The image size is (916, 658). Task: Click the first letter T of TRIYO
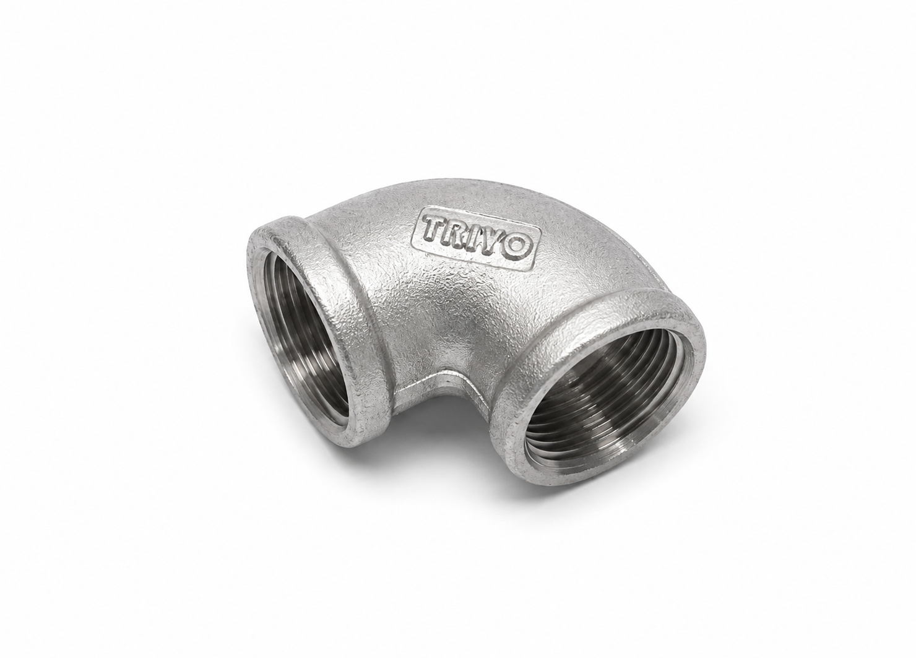[x=434, y=228]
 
